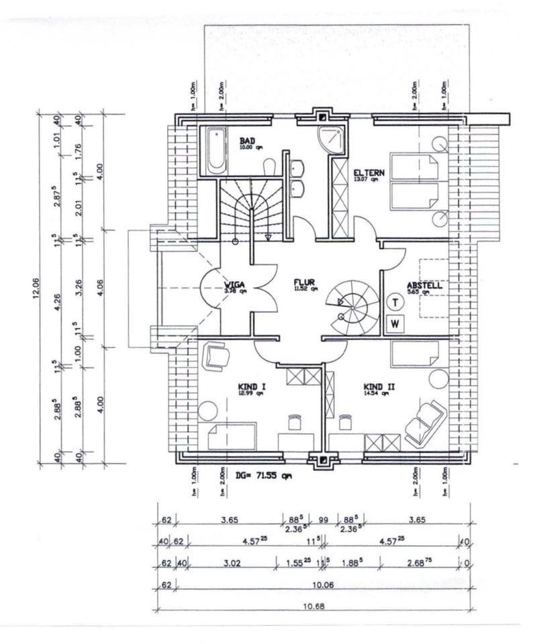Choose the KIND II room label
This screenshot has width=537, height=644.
pyautogui.click(x=377, y=387)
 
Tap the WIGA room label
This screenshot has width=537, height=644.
pyautogui.click(x=235, y=286)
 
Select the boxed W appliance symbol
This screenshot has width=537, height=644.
pyautogui.click(x=396, y=323)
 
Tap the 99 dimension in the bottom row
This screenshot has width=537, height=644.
pyautogui.click(x=324, y=519)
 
